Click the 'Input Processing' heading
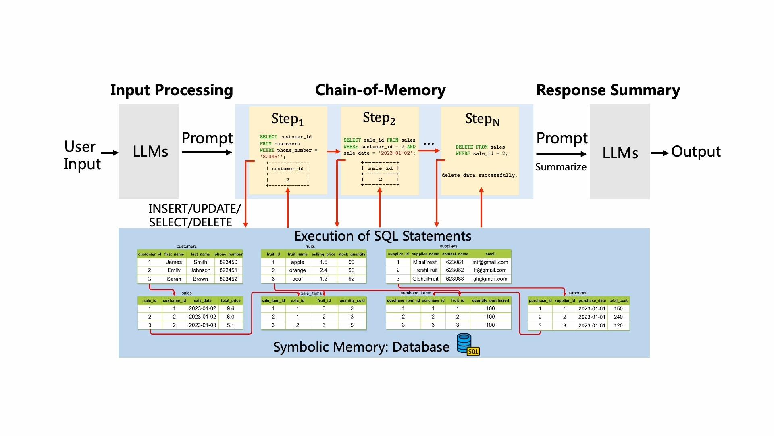pyautogui.click(x=172, y=90)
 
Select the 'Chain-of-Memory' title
pyautogui.click(x=381, y=90)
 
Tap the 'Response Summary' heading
pyautogui.click(x=608, y=90)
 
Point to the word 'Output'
pyautogui.click(x=696, y=152)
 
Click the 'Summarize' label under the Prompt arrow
pyautogui.click(x=561, y=167)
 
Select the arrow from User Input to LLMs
pyautogui.click(x=110, y=153)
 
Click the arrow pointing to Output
pyautogui.click(x=660, y=153)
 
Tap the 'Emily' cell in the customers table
pyautogui.click(x=174, y=270)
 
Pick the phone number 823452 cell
pyautogui.click(x=229, y=279)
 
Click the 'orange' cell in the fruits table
pyautogui.click(x=298, y=270)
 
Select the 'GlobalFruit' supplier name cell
pyautogui.click(x=425, y=279)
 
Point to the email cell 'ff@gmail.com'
pyautogui.click(x=490, y=270)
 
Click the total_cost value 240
pyautogui.click(x=618, y=317)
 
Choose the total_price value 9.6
pyautogui.click(x=231, y=308)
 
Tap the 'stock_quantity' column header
pyautogui.click(x=352, y=254)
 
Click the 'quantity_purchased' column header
pyautogui.click(x=490, y=300)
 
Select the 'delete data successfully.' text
pyautogui.click(x=479, y=175)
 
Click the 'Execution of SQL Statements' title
pyautogui.click(x=383, y=236)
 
